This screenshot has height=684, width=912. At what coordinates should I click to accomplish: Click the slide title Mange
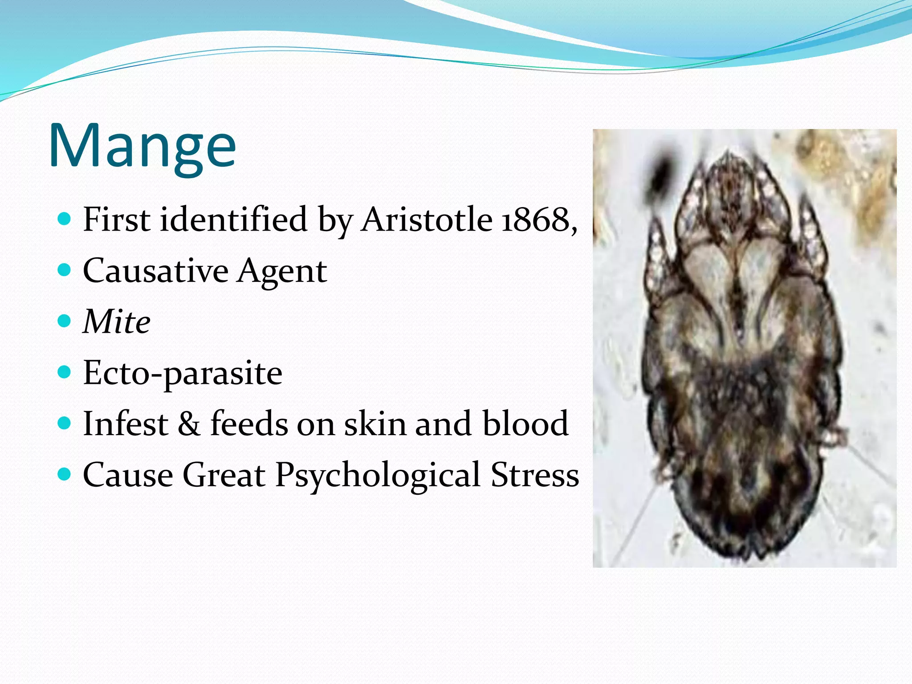coord(142,146)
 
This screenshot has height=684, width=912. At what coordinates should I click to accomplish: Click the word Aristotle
coord(426,220)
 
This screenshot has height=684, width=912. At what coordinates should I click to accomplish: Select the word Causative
coord(155,271)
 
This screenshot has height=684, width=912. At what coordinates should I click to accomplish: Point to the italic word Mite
coord(117,322)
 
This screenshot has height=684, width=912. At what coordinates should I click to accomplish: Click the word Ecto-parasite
coord(183,373)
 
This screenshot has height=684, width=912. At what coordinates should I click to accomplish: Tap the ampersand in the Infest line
coord(189,424)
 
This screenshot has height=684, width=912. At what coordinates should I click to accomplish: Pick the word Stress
coord(534,475)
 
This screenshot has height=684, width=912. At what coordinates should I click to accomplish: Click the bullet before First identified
coord(65,219)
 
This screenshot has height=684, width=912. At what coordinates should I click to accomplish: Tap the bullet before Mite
coord(65,321)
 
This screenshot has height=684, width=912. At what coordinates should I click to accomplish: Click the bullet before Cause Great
coord(65,474)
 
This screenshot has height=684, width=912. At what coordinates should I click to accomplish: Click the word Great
coord(224,475)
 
